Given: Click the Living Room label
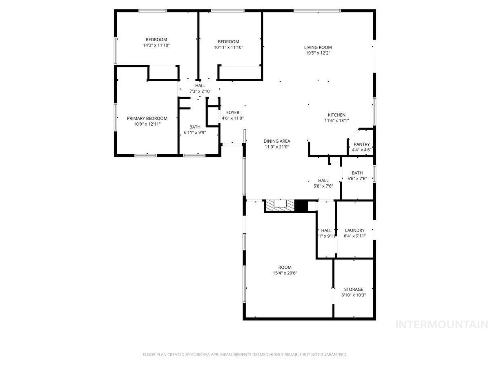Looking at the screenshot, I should coord(318,47).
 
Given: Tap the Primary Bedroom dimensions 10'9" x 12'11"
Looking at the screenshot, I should coord(147,124).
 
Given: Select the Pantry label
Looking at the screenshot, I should coord(361,144).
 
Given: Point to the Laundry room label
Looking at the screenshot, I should coord(354,230).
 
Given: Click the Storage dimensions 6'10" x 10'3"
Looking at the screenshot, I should coord(353,295).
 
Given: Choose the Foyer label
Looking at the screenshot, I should coord(233,113).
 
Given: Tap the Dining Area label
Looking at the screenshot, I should coord(276,141).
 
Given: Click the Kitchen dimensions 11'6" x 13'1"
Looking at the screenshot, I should coord(336,121).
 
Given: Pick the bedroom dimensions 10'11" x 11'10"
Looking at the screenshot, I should coord(228,47).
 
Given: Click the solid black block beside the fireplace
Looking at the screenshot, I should coord(301,206).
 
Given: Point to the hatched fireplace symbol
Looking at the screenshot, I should coord(280,206).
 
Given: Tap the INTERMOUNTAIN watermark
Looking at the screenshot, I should coord(442,325).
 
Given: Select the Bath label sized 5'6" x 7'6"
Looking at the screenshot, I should coord(357,173).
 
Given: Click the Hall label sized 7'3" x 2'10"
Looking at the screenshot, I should coord(200,86).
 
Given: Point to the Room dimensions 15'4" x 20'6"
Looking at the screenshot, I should coord(285,273).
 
